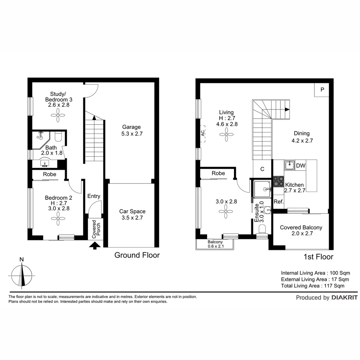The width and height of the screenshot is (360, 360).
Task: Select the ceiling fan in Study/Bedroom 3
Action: (58, 115)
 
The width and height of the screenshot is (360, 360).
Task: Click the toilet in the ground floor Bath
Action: (58, 137)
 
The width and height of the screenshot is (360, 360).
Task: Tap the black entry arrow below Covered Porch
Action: (95, 246)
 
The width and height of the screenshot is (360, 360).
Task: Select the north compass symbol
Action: (22, 275)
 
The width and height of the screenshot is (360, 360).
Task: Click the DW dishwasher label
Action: (301, 165)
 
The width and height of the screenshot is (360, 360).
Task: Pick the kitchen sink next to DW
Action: (289, 165)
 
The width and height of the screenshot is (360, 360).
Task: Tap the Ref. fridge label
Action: (279, 202)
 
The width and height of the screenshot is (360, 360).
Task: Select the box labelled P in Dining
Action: (322, 90)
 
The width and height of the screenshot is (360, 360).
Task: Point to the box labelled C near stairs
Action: (262, 169)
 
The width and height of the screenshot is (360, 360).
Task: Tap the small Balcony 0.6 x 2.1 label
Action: (215, 244)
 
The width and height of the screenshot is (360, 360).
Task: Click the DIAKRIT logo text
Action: (344, 298)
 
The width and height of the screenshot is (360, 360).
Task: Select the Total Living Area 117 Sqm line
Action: (313, 286)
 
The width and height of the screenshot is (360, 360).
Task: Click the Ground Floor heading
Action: (137, 255)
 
